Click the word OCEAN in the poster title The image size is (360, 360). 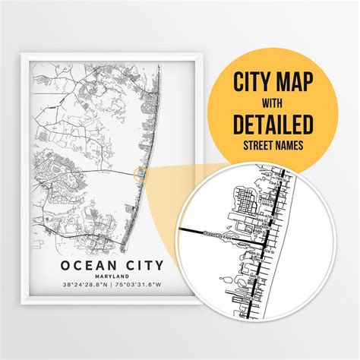click(x=77, y=265)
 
